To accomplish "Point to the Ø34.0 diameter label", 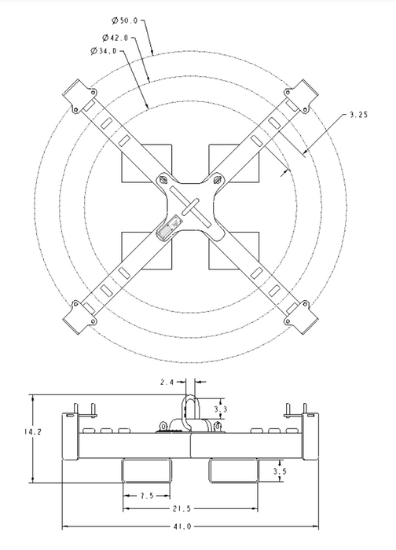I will click(104, 51).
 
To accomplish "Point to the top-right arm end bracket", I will click(301, 95).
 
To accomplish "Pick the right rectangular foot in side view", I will click(233, 471).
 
